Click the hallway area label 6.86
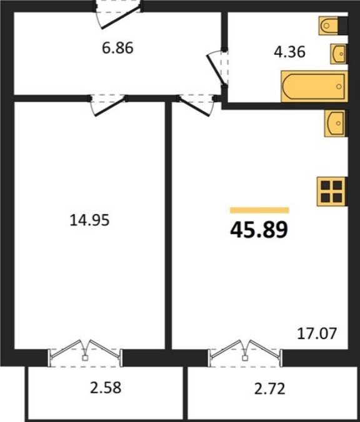pos(117,49)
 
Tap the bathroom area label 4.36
pos(289,52)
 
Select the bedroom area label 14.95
pos(89,220)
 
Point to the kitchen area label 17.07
pos(317,333)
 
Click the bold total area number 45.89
pos(259,230)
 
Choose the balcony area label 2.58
pos(106,388)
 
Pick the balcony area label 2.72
pos(270,389)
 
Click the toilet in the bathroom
pos(328,26)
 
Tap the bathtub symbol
pos(314,86)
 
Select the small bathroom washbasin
pos(339,54)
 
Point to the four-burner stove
pos(331,192)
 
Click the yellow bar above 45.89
pos(259,210)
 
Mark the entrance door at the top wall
pos(117,14)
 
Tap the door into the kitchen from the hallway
pos(197,105)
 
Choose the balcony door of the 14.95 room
pos(86,353)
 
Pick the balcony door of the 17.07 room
pos(245,353)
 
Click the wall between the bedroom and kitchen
pos(168,225)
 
